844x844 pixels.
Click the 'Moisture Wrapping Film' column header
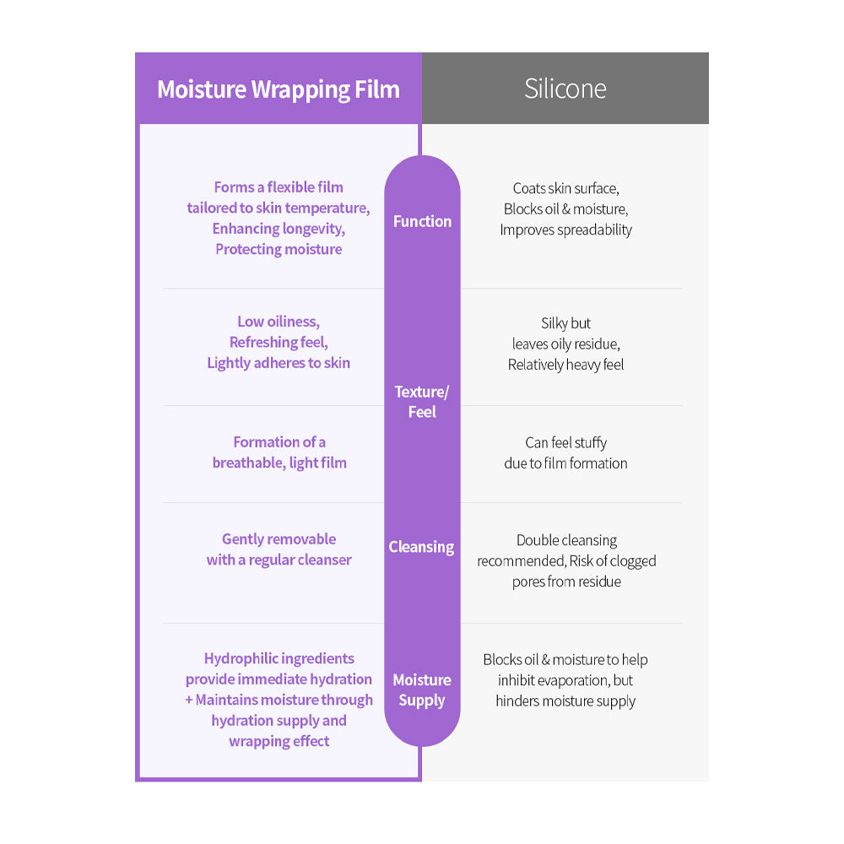279,89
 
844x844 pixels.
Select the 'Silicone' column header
565,89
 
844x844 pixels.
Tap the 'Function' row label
422,221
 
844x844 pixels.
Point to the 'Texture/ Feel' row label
422,402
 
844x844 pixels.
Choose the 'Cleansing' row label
421,547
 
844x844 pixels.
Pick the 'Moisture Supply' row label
422,690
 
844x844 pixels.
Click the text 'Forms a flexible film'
279,187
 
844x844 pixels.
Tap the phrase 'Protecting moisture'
279,249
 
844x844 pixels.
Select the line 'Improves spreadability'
565,230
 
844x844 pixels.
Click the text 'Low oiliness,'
279,322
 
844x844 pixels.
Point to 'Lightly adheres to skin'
279,363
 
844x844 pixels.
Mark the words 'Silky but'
565,323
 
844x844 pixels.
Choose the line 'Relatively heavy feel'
565,365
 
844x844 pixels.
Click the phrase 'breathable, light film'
279,463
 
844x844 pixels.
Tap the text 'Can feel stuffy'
565,442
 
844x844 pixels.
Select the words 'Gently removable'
279,539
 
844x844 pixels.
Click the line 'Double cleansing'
566,540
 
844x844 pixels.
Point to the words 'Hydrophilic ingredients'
279,658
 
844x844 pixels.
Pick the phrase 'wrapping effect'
279,741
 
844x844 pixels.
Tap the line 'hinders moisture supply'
565,701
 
